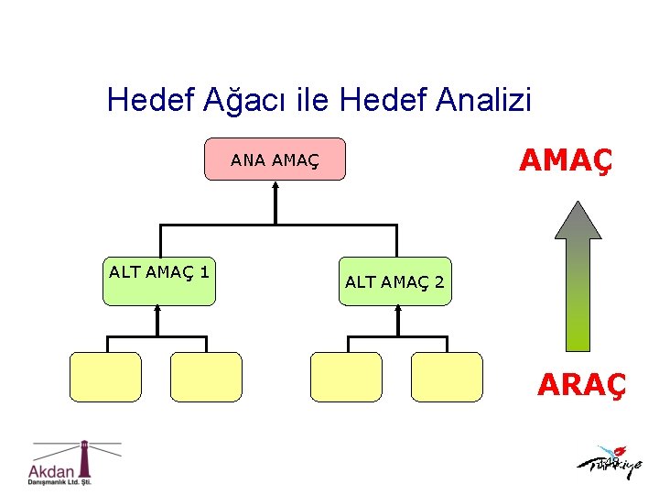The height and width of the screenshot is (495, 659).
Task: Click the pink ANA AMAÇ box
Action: (275, 159)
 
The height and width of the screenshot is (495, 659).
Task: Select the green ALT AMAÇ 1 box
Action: (159, 280)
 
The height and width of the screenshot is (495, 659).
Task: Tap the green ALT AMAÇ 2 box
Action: (394, 281)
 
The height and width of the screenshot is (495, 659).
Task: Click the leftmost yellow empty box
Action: (106, 377)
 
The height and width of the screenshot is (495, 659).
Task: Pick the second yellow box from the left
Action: (206, 377)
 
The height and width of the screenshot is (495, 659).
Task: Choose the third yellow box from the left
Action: (346, 377)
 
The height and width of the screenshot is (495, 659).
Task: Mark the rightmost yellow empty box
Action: (447, 377)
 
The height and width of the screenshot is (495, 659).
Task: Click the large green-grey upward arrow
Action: (578, 275)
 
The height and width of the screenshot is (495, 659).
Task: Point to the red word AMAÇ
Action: (565, 160)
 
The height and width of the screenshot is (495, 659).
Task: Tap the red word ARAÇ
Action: (582, 385)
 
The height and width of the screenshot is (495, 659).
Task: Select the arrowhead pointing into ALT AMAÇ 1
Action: (157, 310)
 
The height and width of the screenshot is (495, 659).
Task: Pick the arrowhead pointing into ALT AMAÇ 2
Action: (397, 310)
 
